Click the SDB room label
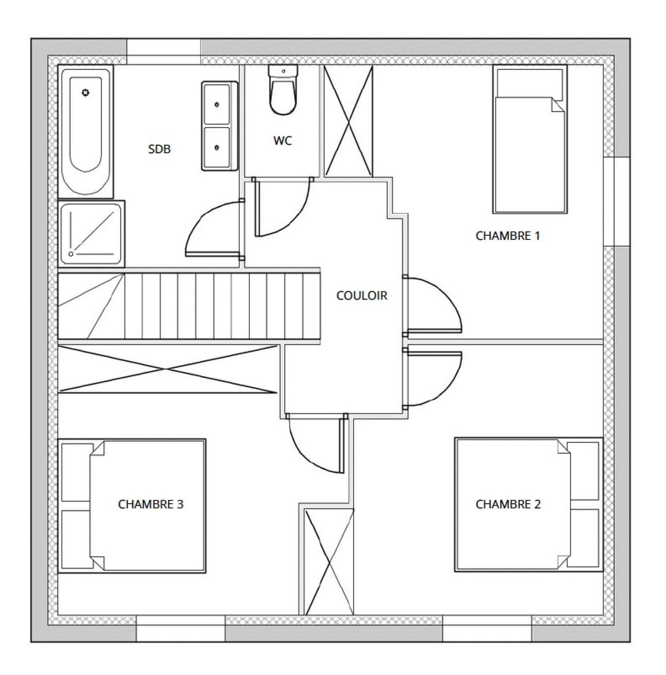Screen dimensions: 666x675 pos(159,149)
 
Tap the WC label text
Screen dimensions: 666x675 pos(283,141)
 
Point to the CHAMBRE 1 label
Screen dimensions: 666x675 pos(508,236)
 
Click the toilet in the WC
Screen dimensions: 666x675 pos(283,90)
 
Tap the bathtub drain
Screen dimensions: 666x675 pos(85,93)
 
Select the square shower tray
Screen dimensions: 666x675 pos(91,234)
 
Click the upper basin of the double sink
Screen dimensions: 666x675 pos(217,104)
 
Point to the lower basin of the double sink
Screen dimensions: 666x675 pos(217,147)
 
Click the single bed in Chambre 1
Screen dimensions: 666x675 pos(530,139)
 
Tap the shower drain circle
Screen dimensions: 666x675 pos(71,254)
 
